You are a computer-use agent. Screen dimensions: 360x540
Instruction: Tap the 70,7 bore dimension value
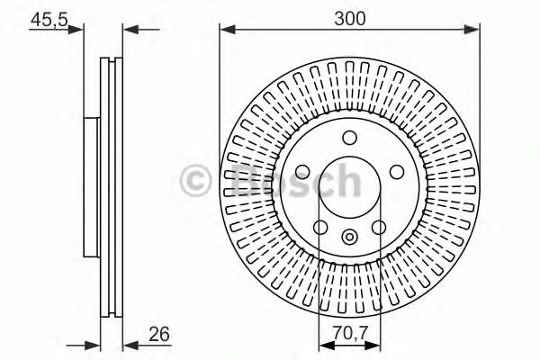pos(351,333)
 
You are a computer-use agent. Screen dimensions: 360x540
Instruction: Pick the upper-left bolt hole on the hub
pos(301,171)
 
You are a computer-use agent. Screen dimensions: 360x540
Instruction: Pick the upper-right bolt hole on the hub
pos(396,171)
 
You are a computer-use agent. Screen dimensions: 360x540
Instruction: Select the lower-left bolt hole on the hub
pos(319,226)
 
